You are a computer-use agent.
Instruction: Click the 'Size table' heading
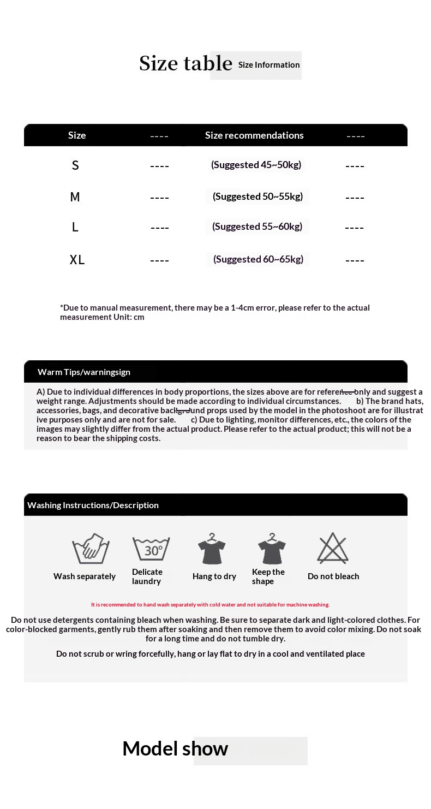pos(185,63)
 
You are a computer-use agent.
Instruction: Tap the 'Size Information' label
pos(268,65)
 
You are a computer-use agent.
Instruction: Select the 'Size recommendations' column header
pos(254,135)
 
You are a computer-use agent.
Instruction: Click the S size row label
pos(75,165)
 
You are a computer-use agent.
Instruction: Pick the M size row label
pos(75,197)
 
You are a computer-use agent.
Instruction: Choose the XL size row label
pos(77,260)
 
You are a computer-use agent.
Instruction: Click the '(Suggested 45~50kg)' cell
pos(256,165)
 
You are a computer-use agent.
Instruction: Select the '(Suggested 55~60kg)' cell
pos(257,227)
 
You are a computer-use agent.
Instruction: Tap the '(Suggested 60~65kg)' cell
pos(258,259)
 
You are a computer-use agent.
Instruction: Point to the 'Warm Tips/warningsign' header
pos(84,372)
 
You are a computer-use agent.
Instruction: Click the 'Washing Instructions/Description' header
pos(93,505)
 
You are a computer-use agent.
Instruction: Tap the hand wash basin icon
pos(91,549)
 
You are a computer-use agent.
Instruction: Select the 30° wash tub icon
pos(151,549)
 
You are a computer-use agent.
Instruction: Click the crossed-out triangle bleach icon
pos(333,549)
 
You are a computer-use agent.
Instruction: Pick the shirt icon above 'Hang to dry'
pos(212,549)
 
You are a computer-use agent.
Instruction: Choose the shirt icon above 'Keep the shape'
pos(272,549)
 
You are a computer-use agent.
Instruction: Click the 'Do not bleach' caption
pos(333,576)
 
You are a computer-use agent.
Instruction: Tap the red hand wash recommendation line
pos(210,605)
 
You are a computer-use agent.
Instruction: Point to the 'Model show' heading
pos(175,748)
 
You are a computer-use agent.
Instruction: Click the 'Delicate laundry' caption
pos(147,576)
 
